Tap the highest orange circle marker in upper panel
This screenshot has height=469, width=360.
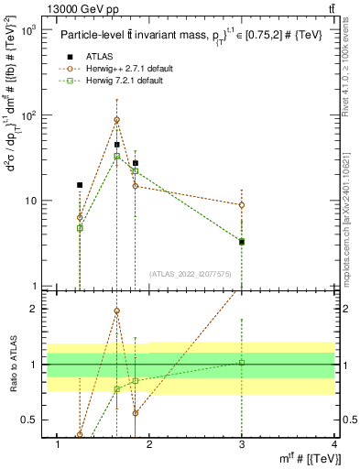[116, 120]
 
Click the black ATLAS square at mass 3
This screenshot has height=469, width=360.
[242, 242]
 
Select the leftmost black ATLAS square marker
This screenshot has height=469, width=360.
[80, 185]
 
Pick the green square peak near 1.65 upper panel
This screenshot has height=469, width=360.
[116, 157]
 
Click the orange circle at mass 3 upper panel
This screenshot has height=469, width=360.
[242, 205]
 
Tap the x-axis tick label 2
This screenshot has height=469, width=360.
[150, 445]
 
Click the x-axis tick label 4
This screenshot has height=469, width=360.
[334, 445]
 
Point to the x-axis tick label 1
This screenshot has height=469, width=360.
[59, 445]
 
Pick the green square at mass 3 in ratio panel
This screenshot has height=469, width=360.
[242, 363]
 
